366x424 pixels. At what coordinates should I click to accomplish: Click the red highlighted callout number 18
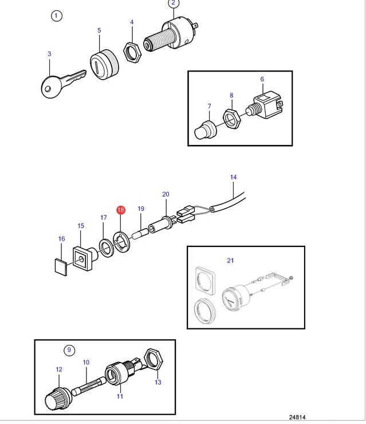[121, 210]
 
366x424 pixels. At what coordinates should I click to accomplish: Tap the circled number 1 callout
[56, 15]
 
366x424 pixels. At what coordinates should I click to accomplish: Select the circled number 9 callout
[69, 350]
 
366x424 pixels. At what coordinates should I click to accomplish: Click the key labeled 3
[64, 83]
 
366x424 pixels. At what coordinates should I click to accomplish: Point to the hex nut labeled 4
[132, 52]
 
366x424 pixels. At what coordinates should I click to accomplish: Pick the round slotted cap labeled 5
[104, 65]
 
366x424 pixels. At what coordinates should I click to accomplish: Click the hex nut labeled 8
[231, 119]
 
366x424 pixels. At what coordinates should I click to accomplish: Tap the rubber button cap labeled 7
[205, 130]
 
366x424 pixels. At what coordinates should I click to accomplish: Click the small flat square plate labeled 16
[61, 267]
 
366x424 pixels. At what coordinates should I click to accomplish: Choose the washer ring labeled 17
[106, 248]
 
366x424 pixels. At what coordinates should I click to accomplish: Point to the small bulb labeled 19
[140, 233]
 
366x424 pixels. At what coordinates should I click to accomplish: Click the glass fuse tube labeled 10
[90, 384]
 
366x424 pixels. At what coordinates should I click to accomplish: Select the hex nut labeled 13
[154, 360]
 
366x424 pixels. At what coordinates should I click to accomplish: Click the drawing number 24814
[297, 417]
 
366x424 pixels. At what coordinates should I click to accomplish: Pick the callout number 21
[230, 260]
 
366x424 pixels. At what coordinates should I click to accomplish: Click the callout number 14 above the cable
[233, 177]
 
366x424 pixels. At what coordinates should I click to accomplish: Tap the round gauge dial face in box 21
[231, 300]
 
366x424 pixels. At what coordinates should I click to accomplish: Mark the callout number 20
[166, 194]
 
